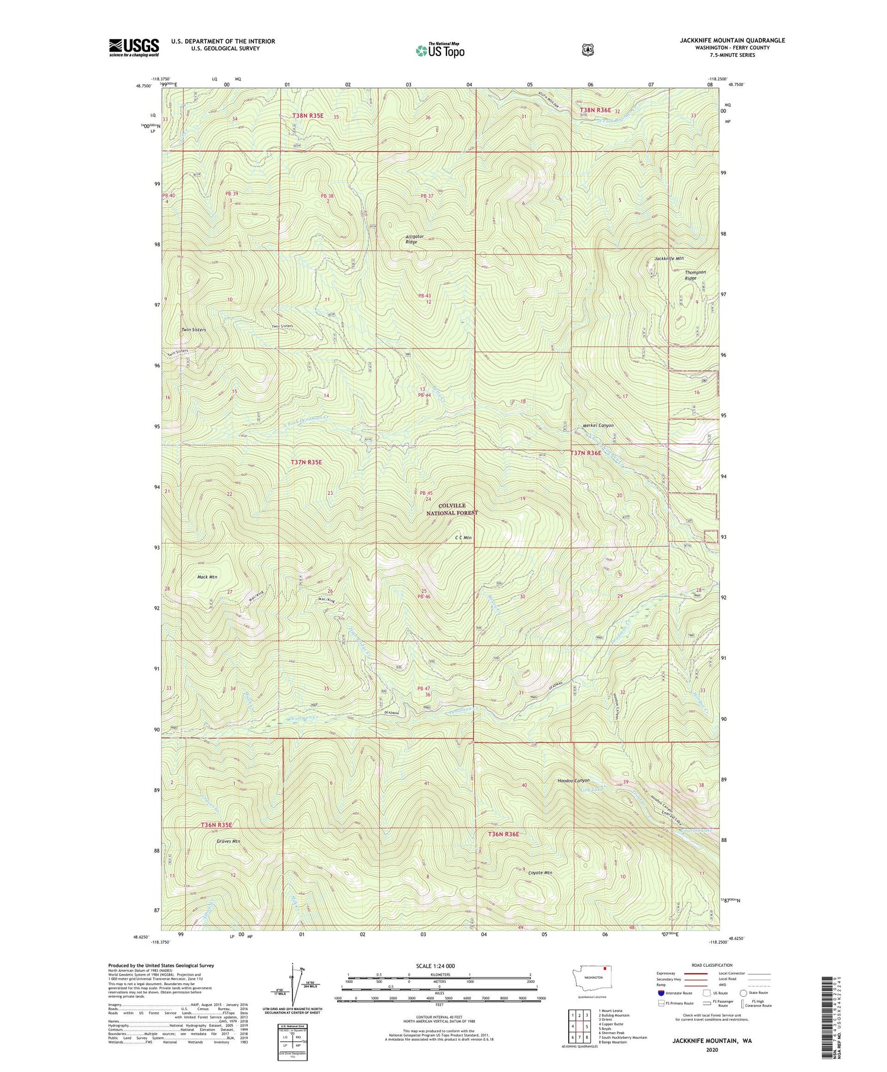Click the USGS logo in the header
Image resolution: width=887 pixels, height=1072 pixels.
[134, 47]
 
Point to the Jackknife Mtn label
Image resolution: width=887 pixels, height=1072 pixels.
[669, 258]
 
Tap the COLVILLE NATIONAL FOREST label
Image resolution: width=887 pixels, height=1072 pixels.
[452, 509]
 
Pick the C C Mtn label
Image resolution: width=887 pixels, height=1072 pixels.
[463, 537]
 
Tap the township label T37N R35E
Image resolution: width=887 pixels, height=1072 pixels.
[306, 462]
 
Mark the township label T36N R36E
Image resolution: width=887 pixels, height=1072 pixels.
[503, 834]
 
